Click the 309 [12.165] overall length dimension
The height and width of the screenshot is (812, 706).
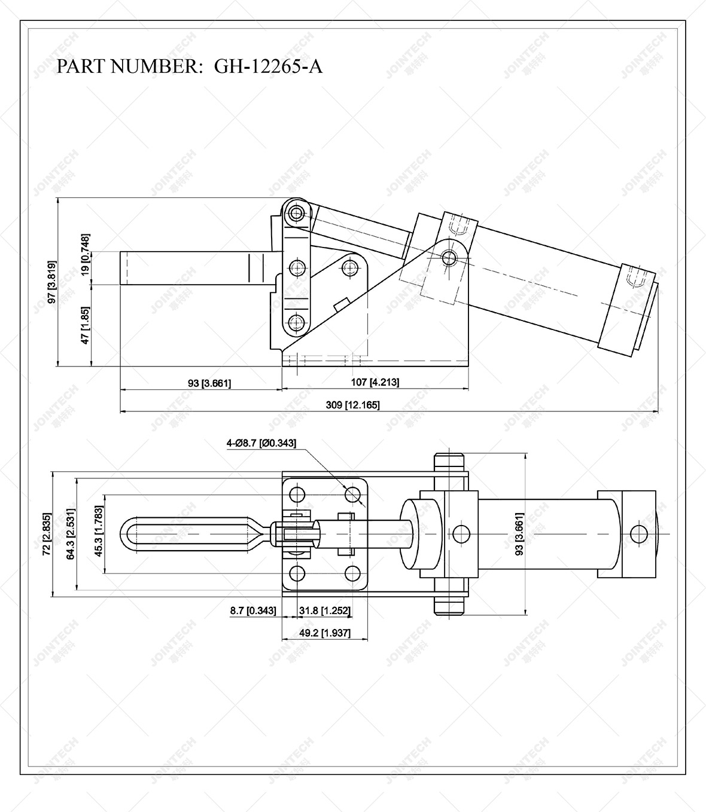pos(352,405)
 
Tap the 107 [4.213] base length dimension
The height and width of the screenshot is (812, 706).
pos(375,382)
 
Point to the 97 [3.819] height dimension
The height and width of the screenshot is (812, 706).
pos(53,282)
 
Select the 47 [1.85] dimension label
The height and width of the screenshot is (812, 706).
pos(86,325)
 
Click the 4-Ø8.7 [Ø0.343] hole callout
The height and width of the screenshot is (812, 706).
pos(261,443)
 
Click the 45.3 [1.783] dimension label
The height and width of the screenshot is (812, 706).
pos(99,532)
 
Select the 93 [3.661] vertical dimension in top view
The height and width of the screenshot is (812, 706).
pos(519,534)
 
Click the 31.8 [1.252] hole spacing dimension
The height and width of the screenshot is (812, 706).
pos(324,610)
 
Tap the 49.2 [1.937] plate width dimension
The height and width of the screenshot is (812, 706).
pos(324,633)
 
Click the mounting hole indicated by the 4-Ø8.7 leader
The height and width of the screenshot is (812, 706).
pos(353,494)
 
